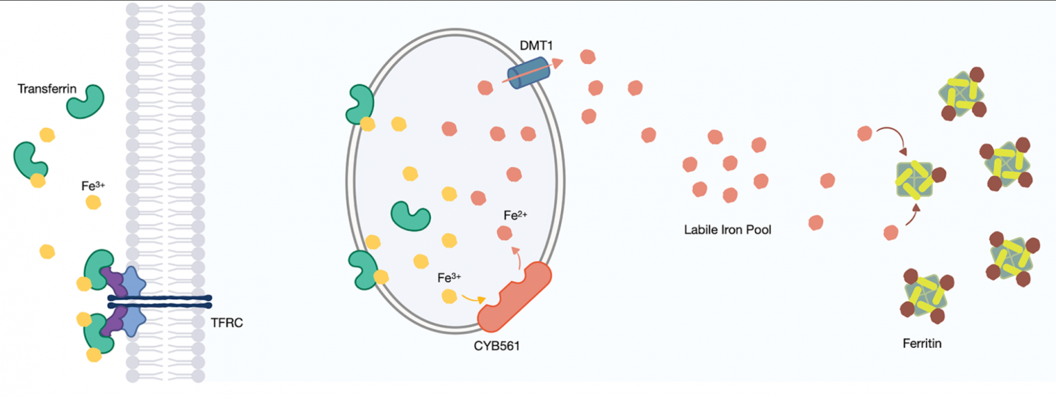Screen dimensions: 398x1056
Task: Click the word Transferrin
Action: tap(47, 89)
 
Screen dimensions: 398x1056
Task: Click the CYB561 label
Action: tap(497, 346)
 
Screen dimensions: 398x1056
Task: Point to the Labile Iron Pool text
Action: tap(727, 230)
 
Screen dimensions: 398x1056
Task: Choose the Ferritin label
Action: tap(922, 342)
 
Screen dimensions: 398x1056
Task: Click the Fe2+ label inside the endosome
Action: tap(515, 215)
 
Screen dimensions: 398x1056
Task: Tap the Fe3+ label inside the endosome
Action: tap(449, 278)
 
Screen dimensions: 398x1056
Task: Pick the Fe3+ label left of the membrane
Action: tap(93, 186)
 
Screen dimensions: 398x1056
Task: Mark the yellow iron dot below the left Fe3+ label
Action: tap(93, 202)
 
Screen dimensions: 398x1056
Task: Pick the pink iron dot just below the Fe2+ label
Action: tap(505, 233)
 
